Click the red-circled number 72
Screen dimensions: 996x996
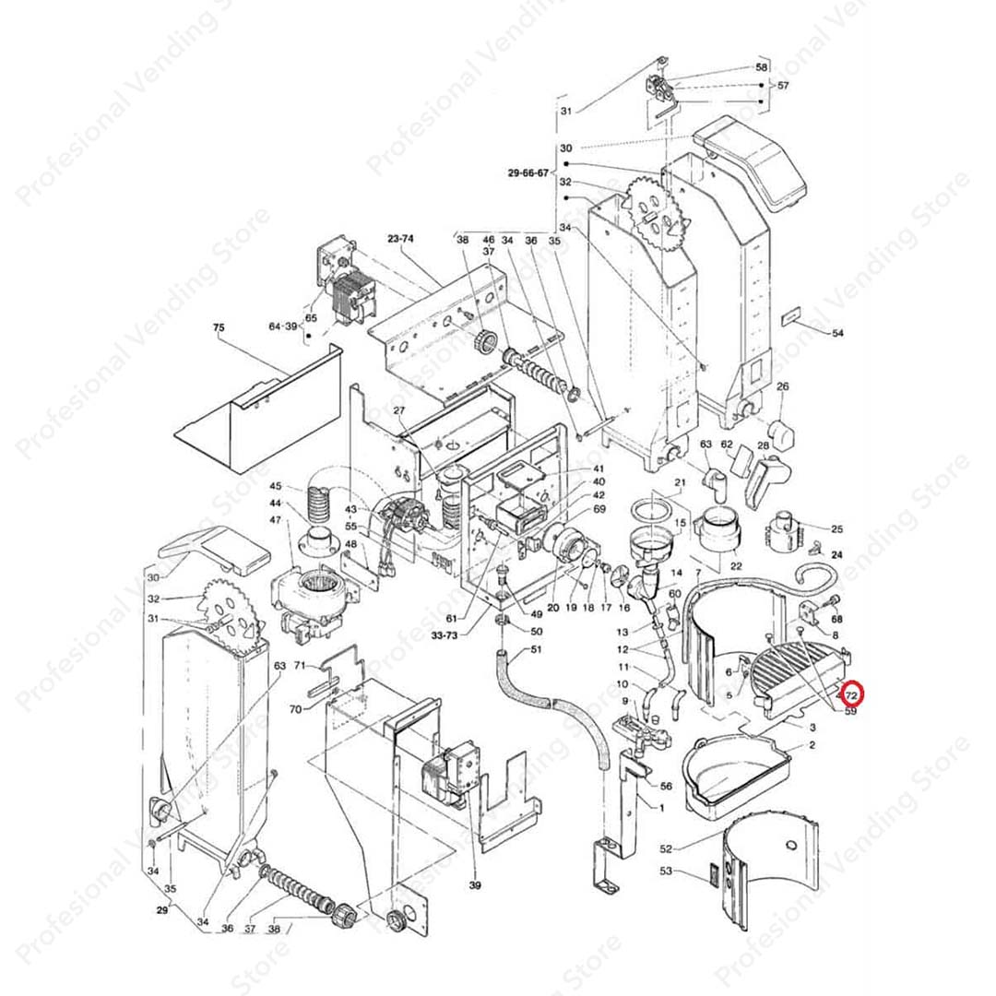click(x=852, y=694)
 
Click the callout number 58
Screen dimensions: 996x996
click(x=761, y=67)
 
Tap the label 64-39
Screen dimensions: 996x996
click(x=283, y=326)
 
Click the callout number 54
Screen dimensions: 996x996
click(x=836, y=332)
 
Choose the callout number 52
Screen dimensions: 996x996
click(x=666, y=848)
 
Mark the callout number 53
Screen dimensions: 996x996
click(x=666, y=871)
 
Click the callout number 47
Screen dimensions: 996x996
click(x=275, y=521)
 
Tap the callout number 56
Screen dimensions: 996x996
click(x=666, y=786)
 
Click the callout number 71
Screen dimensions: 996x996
click(x=300, y=665)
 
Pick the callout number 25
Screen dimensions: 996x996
click(x=836, y=529)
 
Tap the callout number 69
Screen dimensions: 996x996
click(x=599, y=509)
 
